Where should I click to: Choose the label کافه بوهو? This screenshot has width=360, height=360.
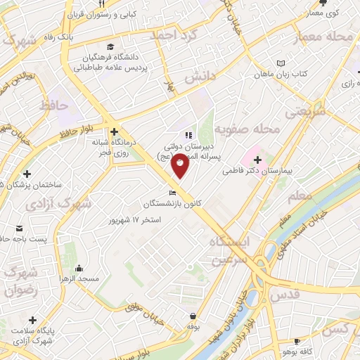tap(324, 351)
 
